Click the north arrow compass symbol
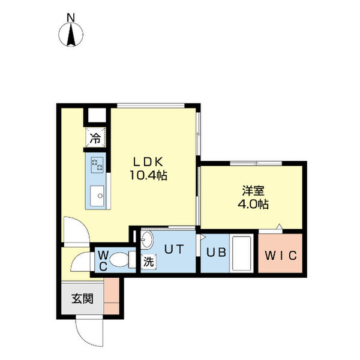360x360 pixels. click(71, 36)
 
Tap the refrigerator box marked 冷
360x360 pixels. click(95, 138)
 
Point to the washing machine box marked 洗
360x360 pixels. click(147, 262)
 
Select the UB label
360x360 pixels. click(216, 253)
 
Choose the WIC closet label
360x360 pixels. click(281, 254)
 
